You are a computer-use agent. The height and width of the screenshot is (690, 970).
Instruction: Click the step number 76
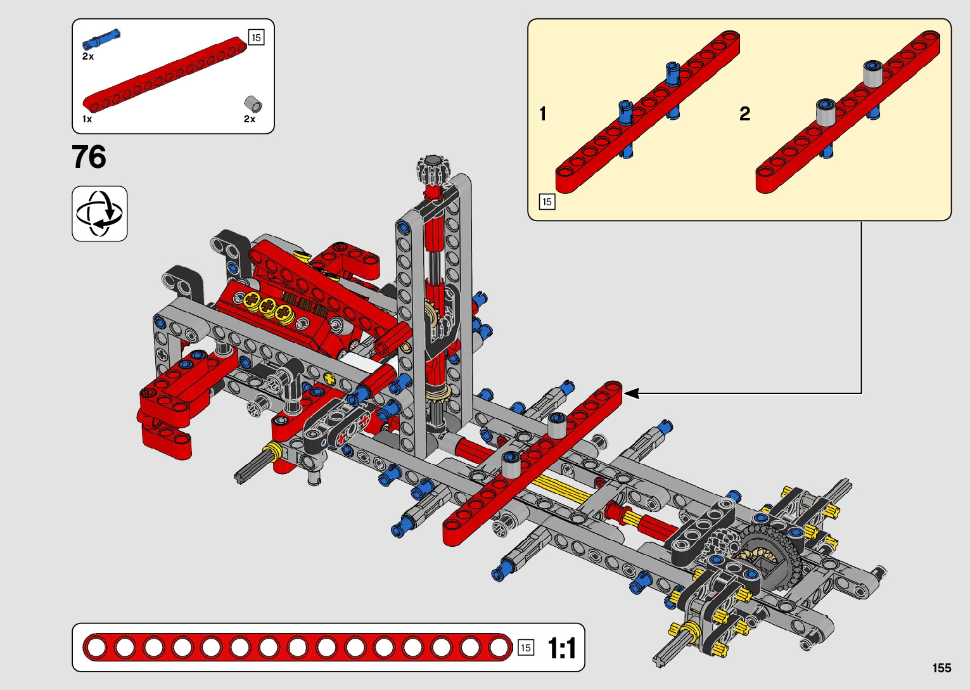click(89, 157)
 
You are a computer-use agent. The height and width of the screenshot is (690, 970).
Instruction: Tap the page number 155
click(941, 668)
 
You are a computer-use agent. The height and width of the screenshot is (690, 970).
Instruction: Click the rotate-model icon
click(99, 214)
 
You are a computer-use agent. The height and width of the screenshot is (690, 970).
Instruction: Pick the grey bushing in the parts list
click(253, 104)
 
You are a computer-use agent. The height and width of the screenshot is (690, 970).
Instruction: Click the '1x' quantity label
click(87, 119)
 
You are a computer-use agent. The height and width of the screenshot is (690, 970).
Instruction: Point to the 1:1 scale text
click(561, 648)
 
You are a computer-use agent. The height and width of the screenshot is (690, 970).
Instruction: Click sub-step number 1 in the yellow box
click(542, 114)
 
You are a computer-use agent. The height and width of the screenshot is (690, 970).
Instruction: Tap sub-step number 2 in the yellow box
click(744, 114)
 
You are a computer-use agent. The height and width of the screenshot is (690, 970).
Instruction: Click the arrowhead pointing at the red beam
click(631, 393)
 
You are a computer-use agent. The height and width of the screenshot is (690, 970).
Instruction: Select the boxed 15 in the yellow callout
click(547, 202)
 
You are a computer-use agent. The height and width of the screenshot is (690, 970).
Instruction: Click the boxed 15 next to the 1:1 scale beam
click(525, 648)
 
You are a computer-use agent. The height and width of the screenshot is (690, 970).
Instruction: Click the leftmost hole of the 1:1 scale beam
click(96, 648)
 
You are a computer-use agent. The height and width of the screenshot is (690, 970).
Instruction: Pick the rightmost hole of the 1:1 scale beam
click(499, 648)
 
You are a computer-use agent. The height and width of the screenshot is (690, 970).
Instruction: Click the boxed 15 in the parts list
click(256, 37)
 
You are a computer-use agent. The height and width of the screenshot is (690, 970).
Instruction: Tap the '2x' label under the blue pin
click(88, 56)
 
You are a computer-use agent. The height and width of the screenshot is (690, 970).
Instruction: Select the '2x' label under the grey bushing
click(250, 119)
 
